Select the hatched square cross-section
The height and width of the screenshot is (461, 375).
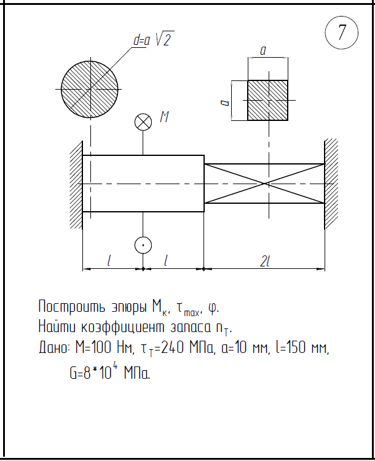click(267, 100)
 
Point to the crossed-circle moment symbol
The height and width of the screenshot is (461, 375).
click(143, 122)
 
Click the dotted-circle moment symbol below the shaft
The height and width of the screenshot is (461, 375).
click(143, 245)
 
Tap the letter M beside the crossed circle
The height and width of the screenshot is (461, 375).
click(164, 117)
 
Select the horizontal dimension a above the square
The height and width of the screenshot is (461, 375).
click(263, 52)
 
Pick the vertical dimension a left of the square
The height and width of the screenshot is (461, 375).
click(226, 100)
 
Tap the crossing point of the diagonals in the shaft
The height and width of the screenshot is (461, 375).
click(264, 183)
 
